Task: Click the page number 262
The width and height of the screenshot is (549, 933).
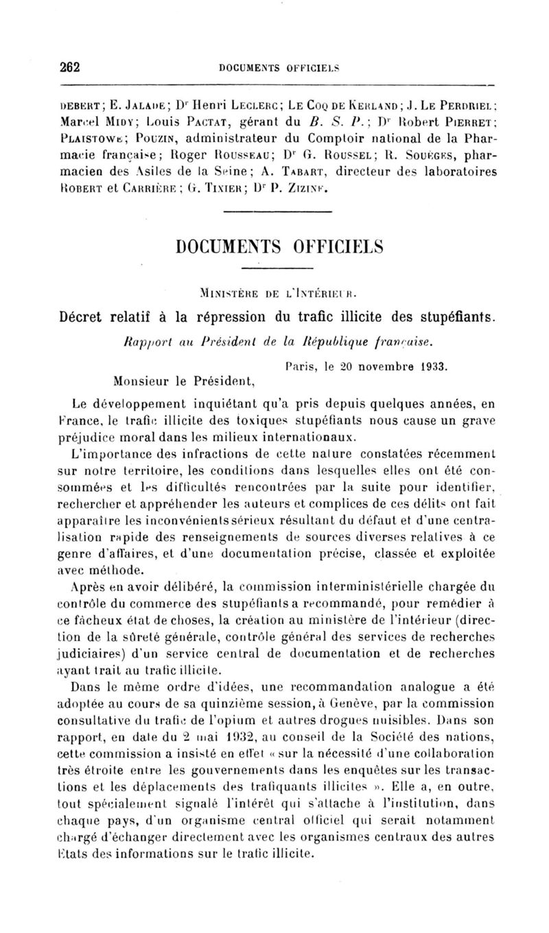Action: point(70,67)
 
